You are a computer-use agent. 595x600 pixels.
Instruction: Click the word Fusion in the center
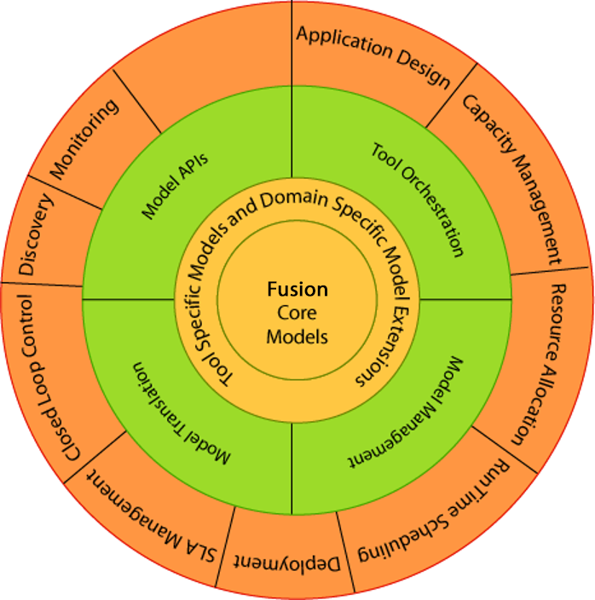tap(297, 290)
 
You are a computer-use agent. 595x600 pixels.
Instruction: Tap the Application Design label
tap(373, 56)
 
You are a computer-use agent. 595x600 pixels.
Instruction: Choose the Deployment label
tap(289, 563)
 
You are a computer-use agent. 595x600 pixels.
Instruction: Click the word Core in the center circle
tap(297, 313)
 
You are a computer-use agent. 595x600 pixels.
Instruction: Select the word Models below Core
tap(297, 336)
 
